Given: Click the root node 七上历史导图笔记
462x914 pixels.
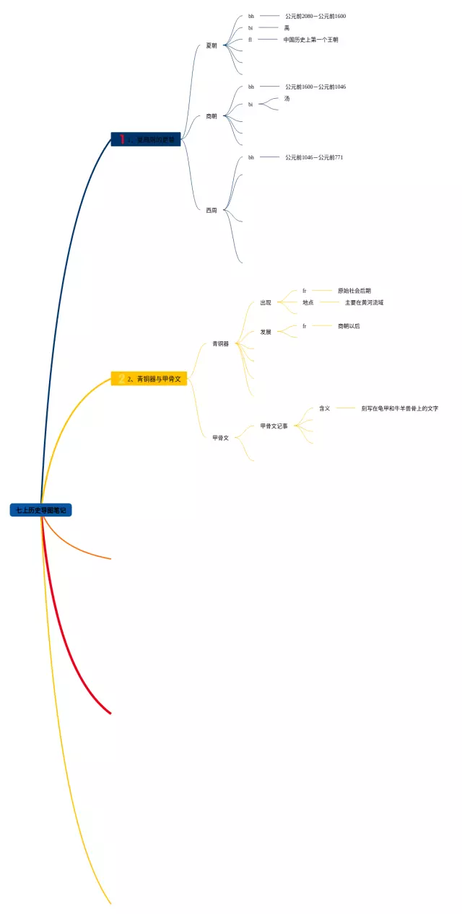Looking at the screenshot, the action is coord(41,510).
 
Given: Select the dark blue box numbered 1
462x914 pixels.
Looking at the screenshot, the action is coord(146,139).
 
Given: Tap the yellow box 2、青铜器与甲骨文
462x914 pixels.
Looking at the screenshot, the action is coord(149,379).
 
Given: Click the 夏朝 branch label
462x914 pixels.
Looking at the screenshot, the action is coord(212,45).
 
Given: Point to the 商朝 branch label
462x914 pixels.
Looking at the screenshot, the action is coord(212,116).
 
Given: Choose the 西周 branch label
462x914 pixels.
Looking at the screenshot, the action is coord(211,211).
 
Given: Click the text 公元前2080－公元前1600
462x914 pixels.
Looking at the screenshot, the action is coord(315,16).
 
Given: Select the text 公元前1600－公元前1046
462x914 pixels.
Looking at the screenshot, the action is coord(315,87).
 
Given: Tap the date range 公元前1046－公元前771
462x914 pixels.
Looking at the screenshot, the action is coord(314,157).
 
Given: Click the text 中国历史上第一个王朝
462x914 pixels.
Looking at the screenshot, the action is coord(310,40).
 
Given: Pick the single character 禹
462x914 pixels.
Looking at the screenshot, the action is coord(287,28).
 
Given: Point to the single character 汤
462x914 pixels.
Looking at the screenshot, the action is coord(287,99).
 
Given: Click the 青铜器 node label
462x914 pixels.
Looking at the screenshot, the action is coord(220,344).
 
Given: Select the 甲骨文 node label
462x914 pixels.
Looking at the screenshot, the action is coord(220,438).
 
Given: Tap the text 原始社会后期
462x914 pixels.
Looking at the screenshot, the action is coord(354,291).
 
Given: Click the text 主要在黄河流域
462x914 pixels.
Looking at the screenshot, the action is coord(364,303).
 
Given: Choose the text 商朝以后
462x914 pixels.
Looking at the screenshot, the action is coord(349,326).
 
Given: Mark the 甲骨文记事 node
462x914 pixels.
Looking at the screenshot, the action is coord(274,426).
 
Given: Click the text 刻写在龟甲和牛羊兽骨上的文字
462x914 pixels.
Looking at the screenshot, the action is coord(400,408).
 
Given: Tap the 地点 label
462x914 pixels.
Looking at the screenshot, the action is coord(308,303).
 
